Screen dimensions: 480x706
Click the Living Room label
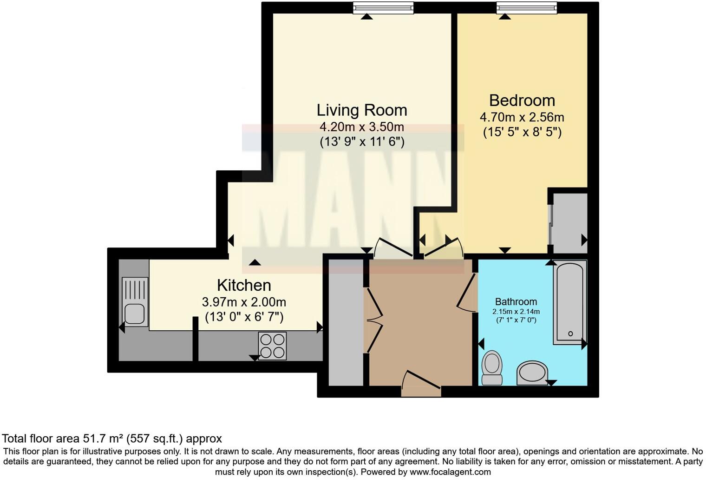[362, 110]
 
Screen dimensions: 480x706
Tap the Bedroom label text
[522, 100]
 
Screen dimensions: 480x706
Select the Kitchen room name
[244, 285]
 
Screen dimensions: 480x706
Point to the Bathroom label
[516, 301]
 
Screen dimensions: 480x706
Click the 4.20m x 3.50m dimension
[362, 127]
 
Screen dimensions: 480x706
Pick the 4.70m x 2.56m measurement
[522, 117]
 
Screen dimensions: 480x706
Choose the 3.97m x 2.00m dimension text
[244, 302]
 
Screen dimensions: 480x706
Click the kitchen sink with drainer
[135, 301]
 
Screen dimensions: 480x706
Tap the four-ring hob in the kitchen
[273, 346]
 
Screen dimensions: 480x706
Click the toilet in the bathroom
[492, 368]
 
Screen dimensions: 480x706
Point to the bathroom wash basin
[532, 373]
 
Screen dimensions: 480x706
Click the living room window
[383, 8]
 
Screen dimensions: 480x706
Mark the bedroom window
[526, 8]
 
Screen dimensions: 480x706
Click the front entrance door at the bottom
[421, 384]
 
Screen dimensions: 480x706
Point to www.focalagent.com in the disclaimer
[450, 472]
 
